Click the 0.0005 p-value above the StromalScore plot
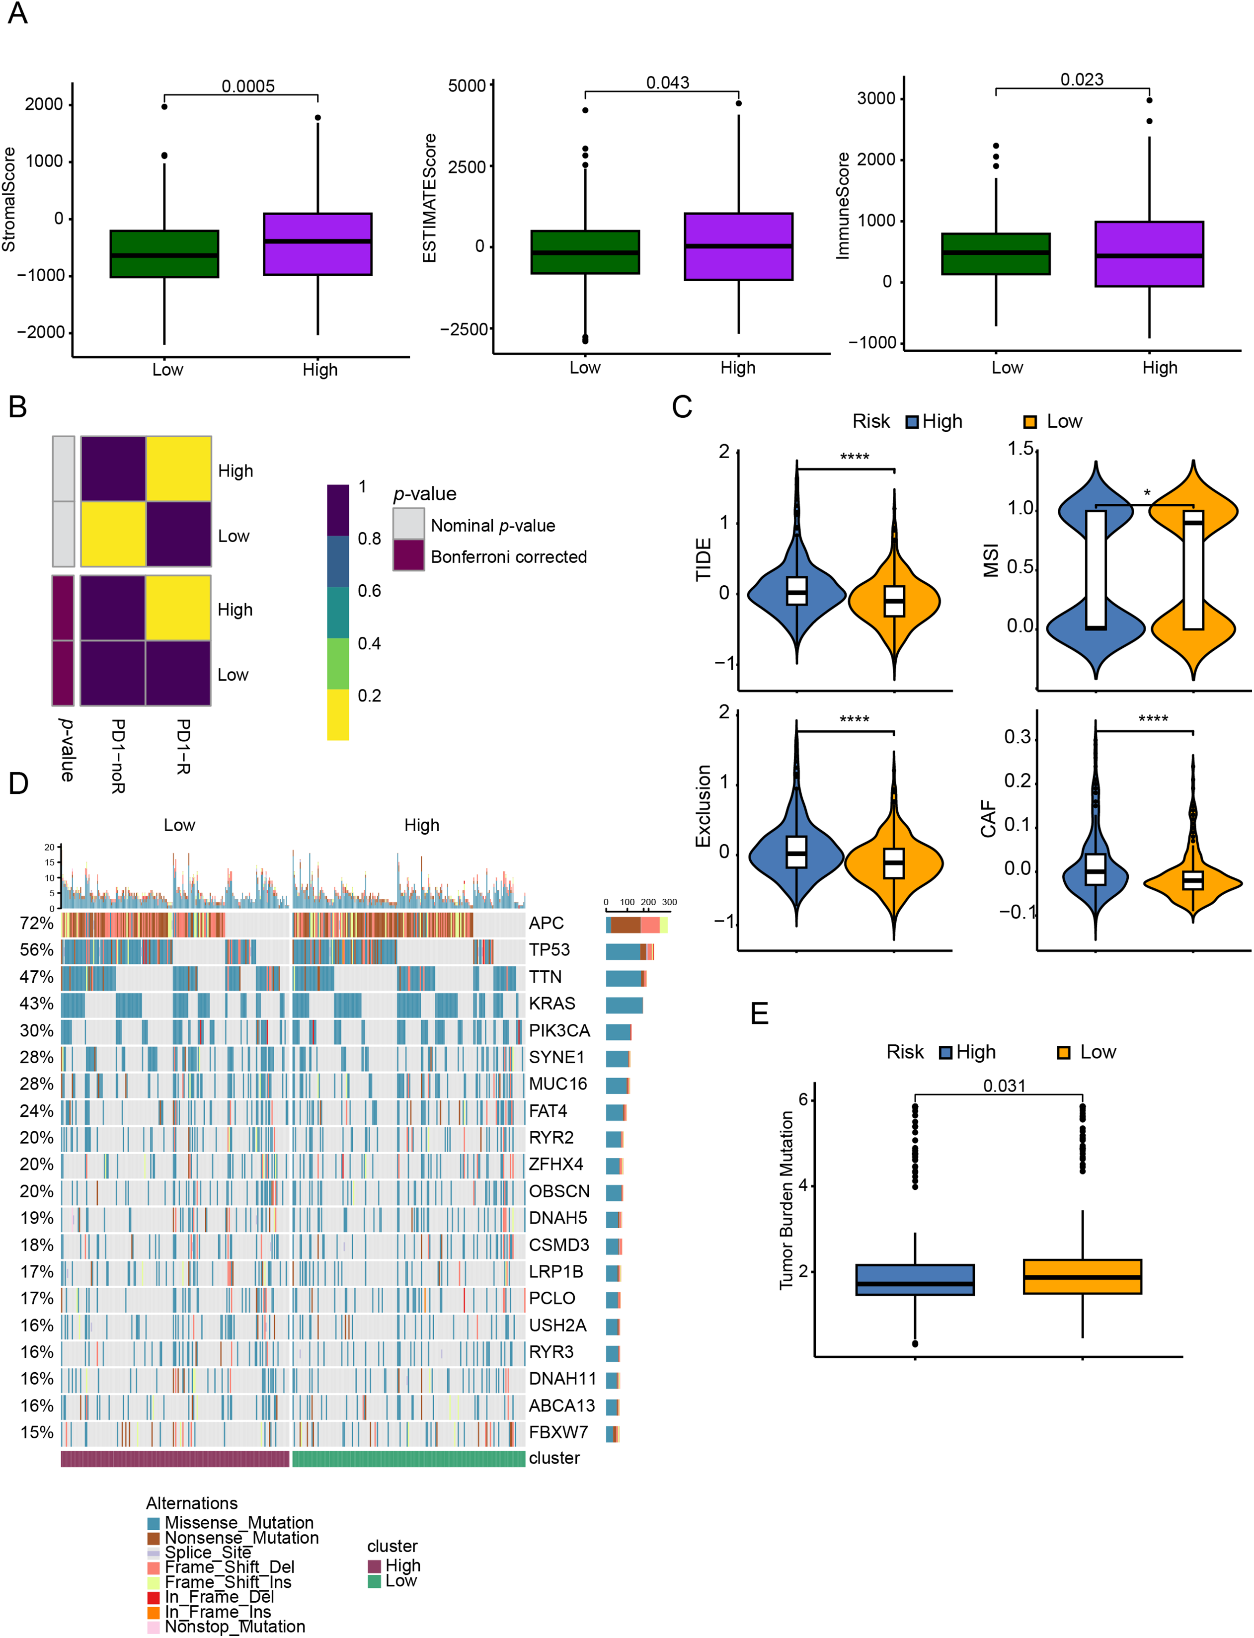pyautogui.click(x=248, y=86)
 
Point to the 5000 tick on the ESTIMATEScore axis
pyautogui.click(x=467, y=86)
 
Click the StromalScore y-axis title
pyautogui.click(x=9, y=199)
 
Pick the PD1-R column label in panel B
pyautogui.click(x=182, y=746)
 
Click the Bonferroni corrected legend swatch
pyautogui.click(x=408, y=555)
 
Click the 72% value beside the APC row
pyautogui.click(x=37, y=923)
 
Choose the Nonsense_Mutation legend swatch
pyautogui.click(x=153, y=1538)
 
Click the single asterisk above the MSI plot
pyautogui.click(x=1147, y=493)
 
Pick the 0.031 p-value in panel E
pyautogui.click(x=1004, y=1086)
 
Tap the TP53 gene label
pyautogui.click(x=549, y=949)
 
